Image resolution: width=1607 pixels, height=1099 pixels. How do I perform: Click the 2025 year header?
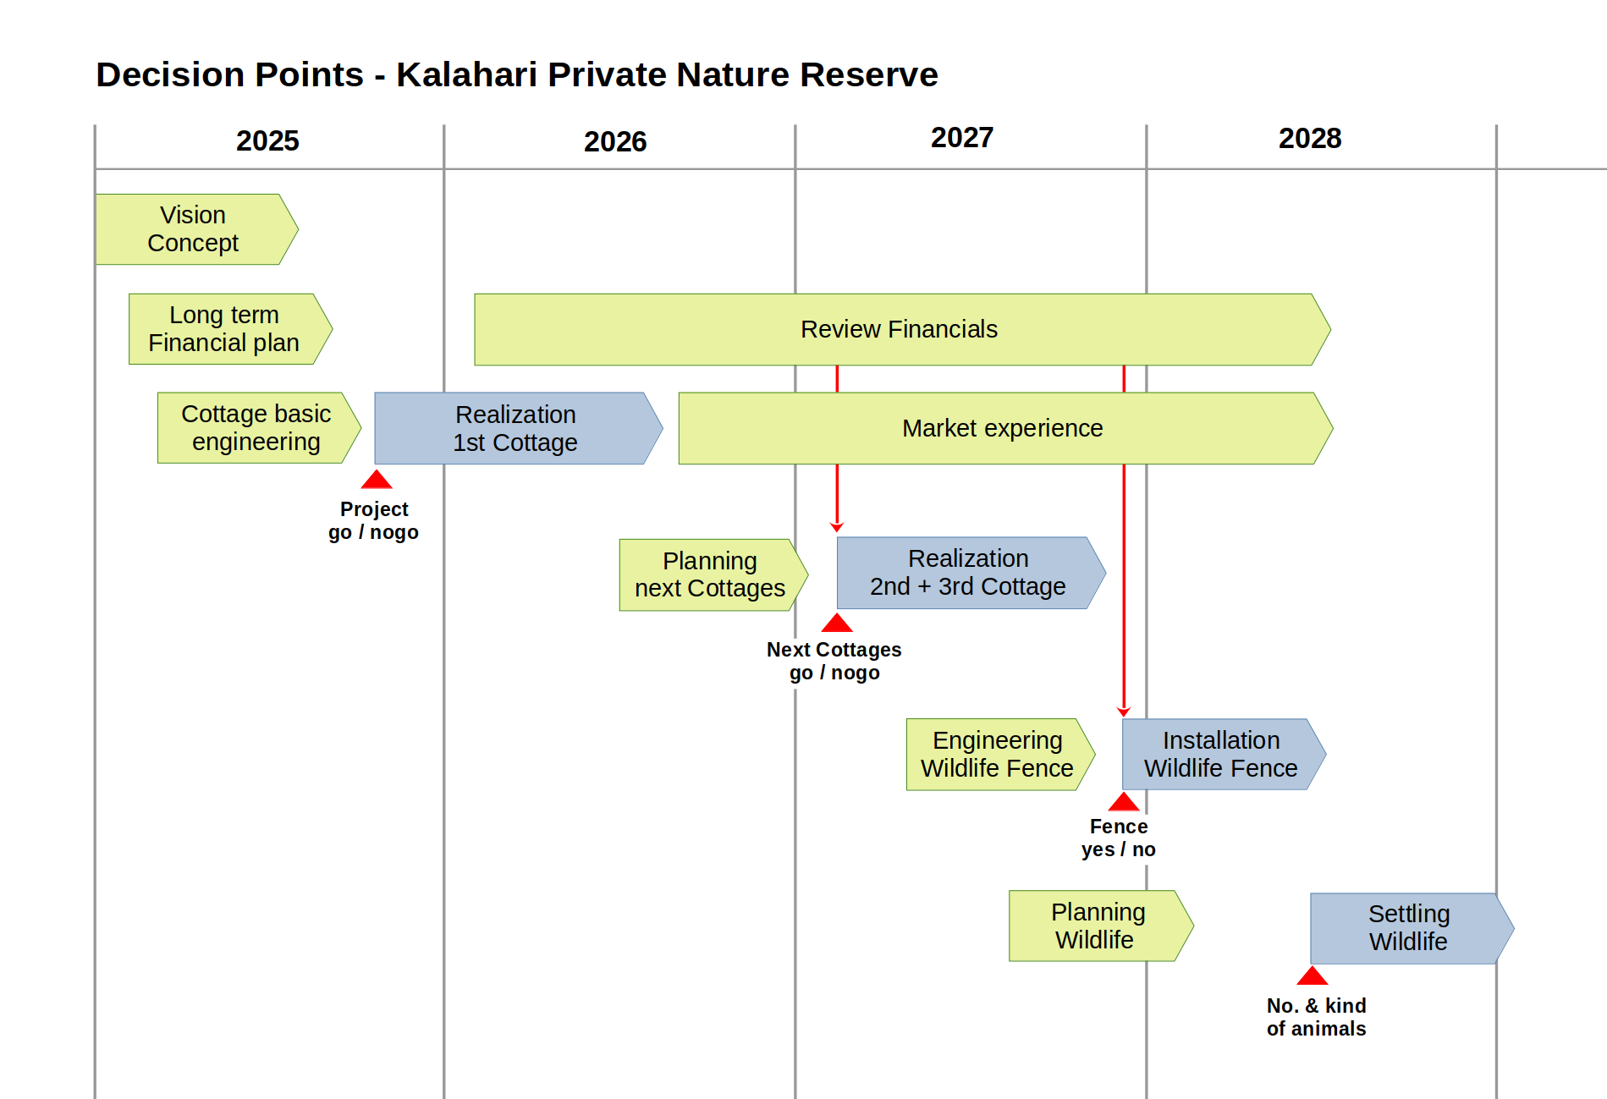pyautogui.click(x=267, y=140)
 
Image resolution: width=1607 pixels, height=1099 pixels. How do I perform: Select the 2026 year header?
pyautogui.click(x=615, y=141)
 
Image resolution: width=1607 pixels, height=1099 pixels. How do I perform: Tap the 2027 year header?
pyautogui.click(x=962, y=137)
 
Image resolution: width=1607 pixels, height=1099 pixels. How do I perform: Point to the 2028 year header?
pyautogui.click(x=1310, y=138)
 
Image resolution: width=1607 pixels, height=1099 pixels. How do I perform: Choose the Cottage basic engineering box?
pyautogui.click(x=259, y=428)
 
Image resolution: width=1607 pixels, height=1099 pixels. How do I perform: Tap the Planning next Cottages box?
pyautogui.click(x=713, y=575)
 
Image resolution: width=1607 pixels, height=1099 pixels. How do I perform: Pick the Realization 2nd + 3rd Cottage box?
pyautogui.click(x=971, y=573)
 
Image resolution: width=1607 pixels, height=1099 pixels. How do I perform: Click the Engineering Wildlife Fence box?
pyautogui.click(x=1000, y=755)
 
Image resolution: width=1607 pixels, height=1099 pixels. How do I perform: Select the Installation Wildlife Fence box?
pyautogui.click(x=1224, y=755)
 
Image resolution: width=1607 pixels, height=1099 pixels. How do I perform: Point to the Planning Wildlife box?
pyautogui.click(x=1101, y=926)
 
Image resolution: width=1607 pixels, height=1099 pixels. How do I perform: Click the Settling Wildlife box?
pyautogui.click(x=1412, y=928)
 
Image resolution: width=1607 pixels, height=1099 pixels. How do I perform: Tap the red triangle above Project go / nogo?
pyautogui.click(x=377, y=481)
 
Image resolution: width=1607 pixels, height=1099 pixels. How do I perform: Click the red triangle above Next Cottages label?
pyautogui.click(x=837, y=624)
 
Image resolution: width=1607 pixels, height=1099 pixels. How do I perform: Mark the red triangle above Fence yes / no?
pyautogui.click(x=1124, y=802)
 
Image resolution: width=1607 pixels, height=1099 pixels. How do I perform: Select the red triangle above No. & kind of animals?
pyautogui.click(x=1313, y=976)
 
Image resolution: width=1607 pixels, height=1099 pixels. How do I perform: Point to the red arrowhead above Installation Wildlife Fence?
pyautogui.click(x=1124, y=712)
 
